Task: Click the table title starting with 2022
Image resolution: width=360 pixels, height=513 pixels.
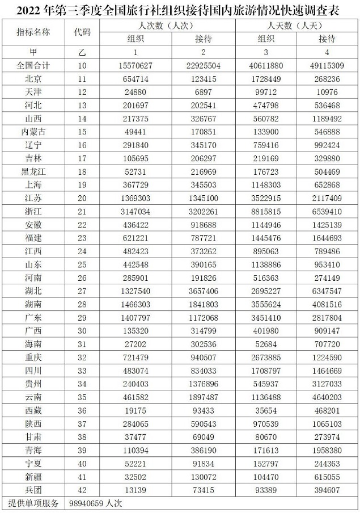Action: [x=180, y=10]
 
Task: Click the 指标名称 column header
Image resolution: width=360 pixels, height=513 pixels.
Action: [x=33, y=32]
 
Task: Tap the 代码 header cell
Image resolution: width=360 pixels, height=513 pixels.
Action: [x=82, y=32]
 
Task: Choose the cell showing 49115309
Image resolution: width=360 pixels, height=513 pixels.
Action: [x=326, y=66]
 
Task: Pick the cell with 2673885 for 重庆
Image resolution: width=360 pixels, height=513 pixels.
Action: [x=266, y=357]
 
